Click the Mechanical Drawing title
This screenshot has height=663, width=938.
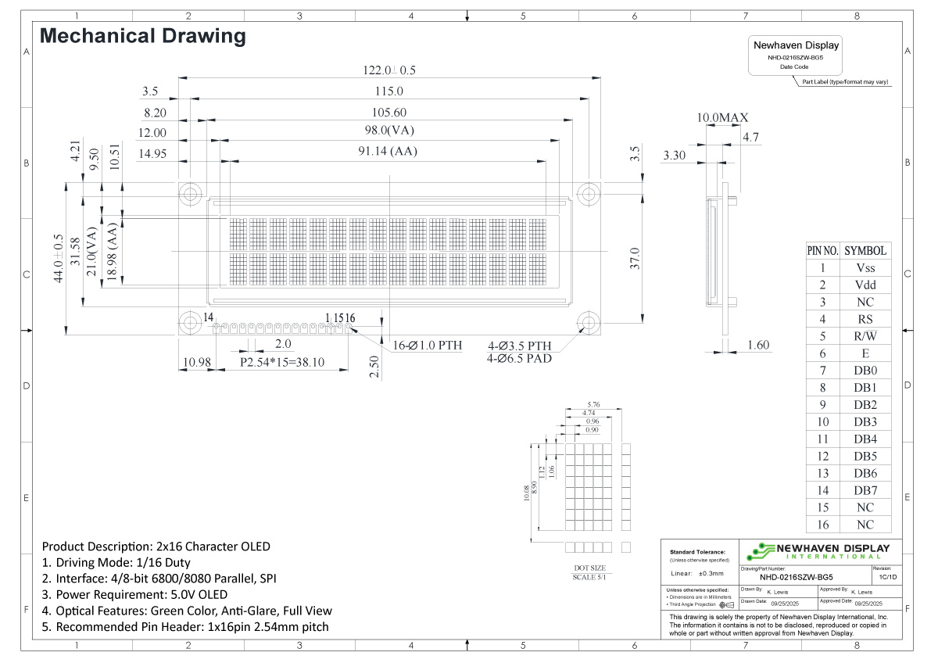point(143,36)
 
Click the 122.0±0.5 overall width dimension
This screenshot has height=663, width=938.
point(388,70)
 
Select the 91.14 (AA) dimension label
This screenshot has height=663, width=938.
point(388,152)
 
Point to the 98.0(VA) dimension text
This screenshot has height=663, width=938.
point(388,131)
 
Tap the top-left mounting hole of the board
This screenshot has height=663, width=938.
point(189,193)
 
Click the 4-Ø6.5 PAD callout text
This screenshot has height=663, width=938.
point(520,359)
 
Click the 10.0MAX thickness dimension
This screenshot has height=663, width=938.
point(722,118)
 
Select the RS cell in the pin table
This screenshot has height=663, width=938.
point(865,319)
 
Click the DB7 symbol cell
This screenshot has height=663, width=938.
point(865,490)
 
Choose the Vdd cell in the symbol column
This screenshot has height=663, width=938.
point(865,285)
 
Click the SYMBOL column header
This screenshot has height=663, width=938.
point(865,251)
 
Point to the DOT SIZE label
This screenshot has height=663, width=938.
point(590,568)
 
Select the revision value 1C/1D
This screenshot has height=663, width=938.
point(888,577)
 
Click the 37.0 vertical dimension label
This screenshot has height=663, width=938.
point(635,258)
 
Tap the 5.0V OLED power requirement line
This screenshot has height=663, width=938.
point(134,594)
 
